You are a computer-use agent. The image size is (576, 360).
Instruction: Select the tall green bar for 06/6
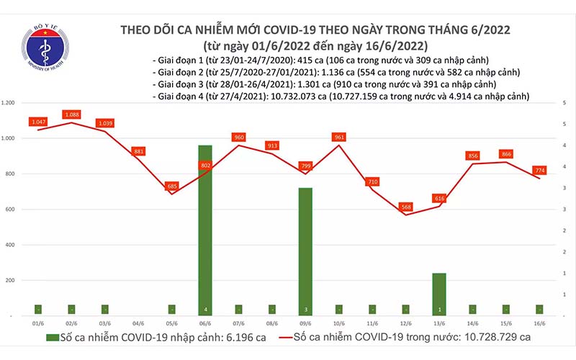(205, 230)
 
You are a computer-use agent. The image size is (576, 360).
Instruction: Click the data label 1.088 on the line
(72, 114)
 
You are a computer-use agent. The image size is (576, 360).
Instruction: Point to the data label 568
(407, 207)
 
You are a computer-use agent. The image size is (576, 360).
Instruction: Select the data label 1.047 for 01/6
(38, 122)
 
